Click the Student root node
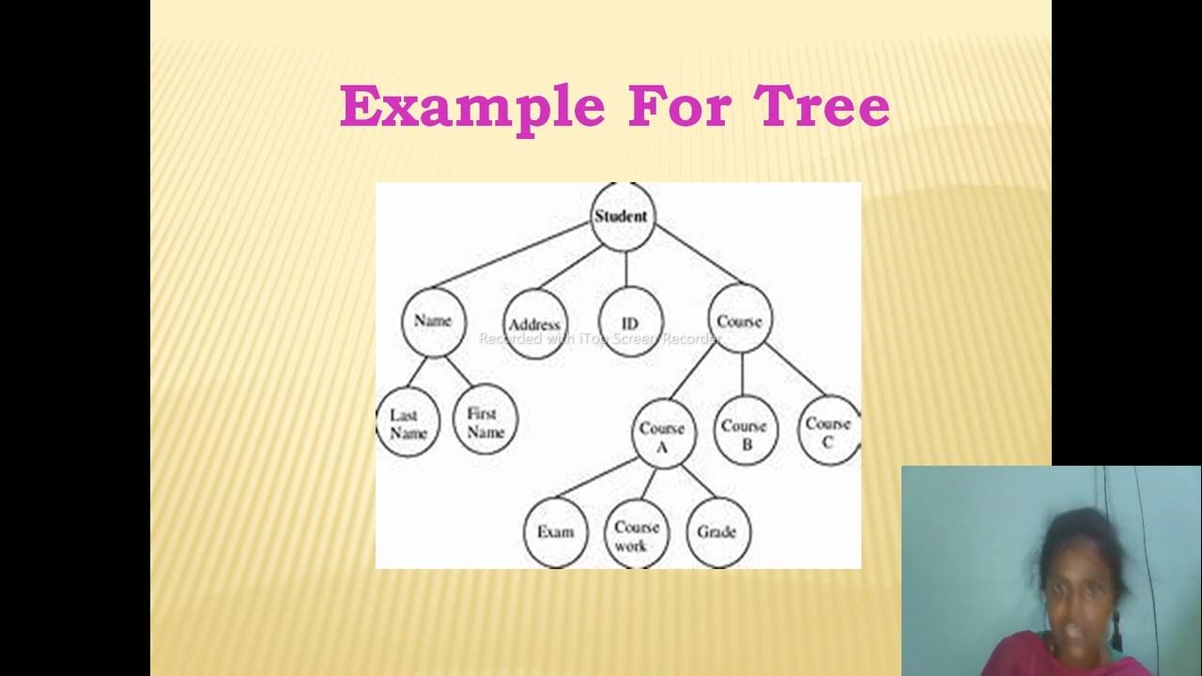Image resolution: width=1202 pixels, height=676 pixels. [622, 217]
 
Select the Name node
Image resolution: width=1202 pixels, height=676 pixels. [433, 321]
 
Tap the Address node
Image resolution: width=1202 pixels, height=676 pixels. [534, 325]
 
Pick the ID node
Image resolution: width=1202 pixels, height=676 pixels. [630, 323]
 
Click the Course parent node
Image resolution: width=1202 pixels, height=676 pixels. [740, 321]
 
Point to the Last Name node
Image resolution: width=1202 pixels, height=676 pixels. [408, 424]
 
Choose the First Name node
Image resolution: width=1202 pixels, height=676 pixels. [485, 422]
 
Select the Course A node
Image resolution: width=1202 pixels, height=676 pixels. [662, 436]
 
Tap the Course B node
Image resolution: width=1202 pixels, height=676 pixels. [745, 433]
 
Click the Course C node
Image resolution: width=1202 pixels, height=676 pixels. [828, 431]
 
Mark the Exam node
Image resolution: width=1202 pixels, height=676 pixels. [555, 532]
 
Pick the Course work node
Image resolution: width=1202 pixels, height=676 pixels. [637, 534]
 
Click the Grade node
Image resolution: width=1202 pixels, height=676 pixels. [717, 532]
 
